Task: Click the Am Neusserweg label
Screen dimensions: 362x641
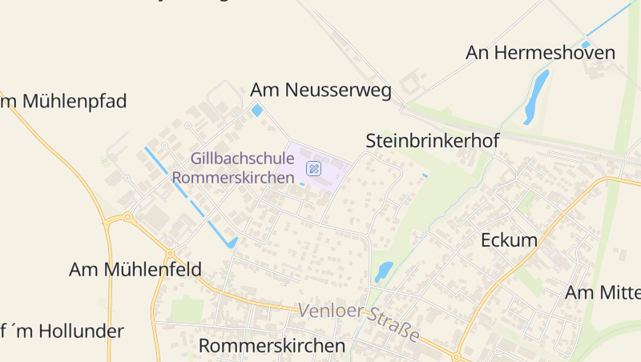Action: coord(320,90)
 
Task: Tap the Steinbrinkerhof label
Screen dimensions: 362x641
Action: coord(433,141)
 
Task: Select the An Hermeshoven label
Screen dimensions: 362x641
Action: coord(541,54)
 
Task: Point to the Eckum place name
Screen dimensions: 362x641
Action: coord(509,240)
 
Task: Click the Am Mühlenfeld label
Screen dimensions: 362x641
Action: coord(135,270)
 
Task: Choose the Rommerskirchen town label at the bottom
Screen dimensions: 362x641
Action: coord(272,346)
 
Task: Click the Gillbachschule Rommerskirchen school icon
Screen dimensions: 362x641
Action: coord(314,168)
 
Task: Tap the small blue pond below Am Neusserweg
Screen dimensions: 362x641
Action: coord(257,111)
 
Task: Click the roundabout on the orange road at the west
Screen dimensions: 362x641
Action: coord(126,217)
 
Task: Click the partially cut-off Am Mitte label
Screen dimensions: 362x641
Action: coord(603,293)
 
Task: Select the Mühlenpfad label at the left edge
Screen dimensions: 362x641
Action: coord(64,102)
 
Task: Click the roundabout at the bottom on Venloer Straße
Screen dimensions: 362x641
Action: coord(456,356)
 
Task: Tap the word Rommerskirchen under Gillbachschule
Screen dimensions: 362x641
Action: coord(233,178)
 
